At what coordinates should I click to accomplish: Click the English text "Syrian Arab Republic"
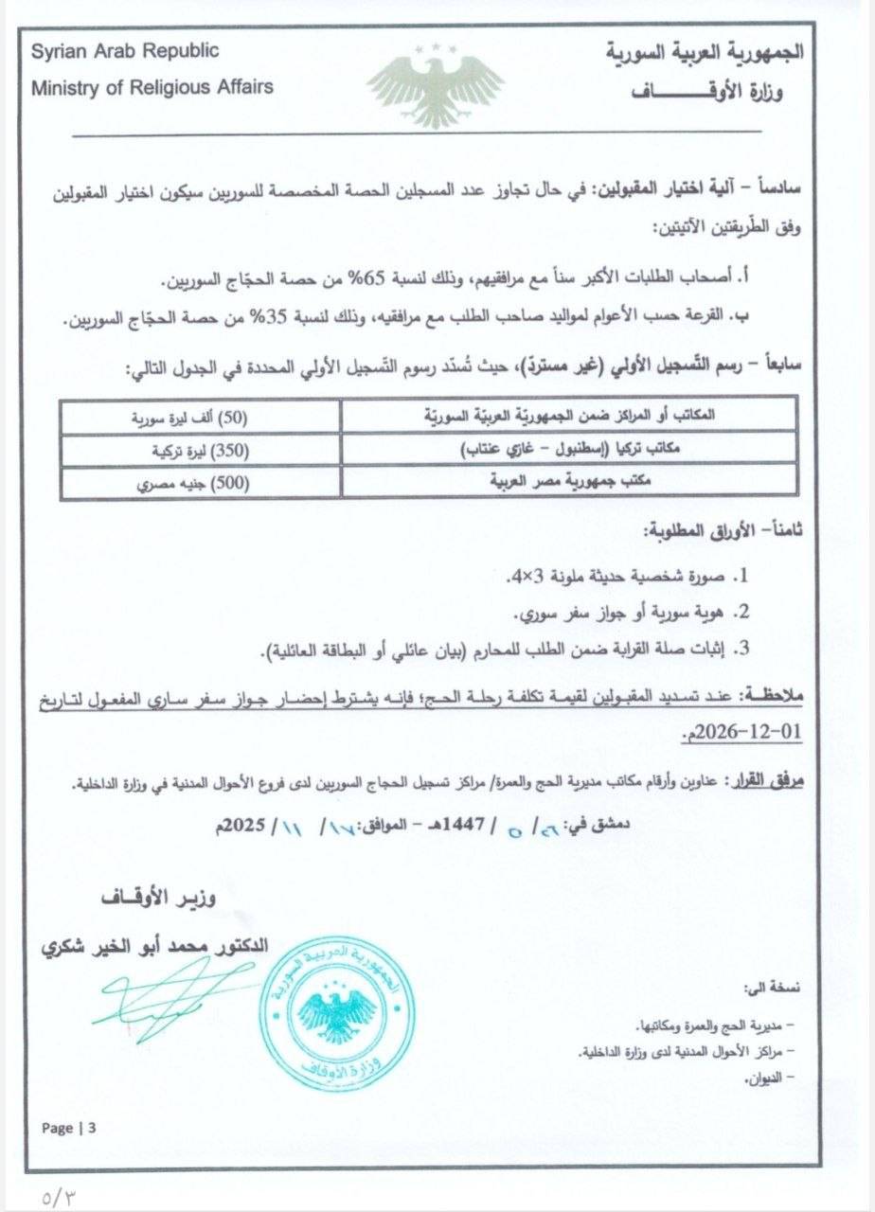(x=124, y=50)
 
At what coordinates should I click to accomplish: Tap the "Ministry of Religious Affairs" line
(x=152, y=87)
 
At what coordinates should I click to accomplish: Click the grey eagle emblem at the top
(x=435, y=85)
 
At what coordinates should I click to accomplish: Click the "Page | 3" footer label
(x=69, y=1128)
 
